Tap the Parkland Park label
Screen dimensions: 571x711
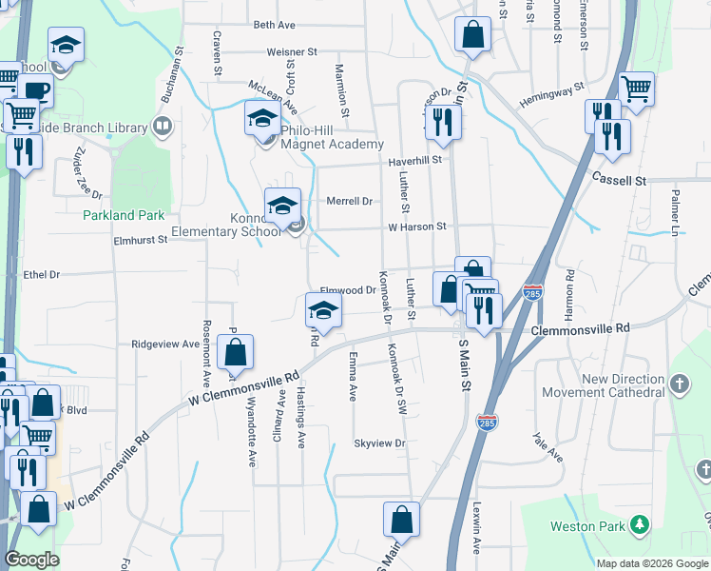[124, 216]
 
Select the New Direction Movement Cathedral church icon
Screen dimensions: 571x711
[679, 384]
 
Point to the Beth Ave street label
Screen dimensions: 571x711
[274, 25]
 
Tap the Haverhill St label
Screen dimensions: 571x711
[415, 160]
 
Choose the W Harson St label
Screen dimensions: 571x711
[416, 226]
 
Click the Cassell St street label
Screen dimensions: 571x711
[619, 179]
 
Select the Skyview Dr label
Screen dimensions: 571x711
[379, 443]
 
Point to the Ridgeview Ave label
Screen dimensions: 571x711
[164, 344]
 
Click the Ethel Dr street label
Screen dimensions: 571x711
[41, 274]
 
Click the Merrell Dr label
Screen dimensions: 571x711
[349, 201]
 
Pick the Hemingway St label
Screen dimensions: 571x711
[551, 96]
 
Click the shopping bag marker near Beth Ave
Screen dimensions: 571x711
[472, 35]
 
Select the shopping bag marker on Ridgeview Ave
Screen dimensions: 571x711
[235, 353]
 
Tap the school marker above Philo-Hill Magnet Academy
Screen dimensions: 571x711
[262, 119]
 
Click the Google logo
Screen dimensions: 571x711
[32, 560]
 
